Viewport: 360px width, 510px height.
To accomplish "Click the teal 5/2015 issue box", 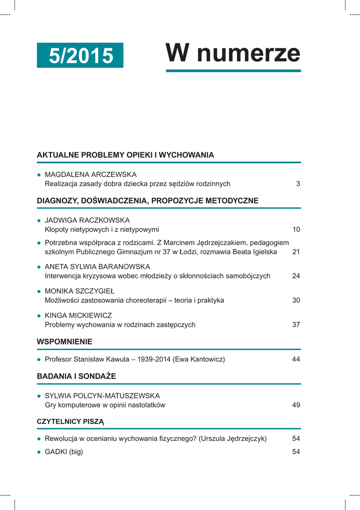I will coord(80,55).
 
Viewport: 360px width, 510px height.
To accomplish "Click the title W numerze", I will coord(233,53).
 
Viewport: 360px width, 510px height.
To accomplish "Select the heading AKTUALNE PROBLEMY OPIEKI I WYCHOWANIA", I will coord(125,155).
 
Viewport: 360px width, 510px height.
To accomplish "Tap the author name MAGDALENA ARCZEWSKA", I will coord(91,174).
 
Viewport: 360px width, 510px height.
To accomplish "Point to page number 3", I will coord(298,184).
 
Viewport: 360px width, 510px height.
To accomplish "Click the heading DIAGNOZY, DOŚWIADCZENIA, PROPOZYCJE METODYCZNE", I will coord(147,201).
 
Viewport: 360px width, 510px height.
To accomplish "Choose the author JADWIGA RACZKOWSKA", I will coord(87,220).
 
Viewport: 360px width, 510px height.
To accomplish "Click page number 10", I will coord(296,230).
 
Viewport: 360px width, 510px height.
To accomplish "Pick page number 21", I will coord(296,252).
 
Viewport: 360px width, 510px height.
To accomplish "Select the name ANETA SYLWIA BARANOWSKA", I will coord(97,266).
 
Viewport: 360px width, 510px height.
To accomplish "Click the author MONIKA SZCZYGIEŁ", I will coord(80,291).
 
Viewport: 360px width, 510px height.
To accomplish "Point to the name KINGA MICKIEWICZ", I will coord(78,315).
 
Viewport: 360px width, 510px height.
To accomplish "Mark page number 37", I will coord(296,325).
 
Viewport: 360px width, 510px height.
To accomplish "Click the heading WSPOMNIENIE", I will coord(65,342).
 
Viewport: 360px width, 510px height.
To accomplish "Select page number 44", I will coord(296,359).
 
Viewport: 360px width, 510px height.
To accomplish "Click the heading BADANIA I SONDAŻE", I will coord(76,376).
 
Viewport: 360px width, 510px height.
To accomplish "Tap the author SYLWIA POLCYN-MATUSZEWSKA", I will coord(102,395).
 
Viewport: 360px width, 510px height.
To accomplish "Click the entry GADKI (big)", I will coord(64,452).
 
